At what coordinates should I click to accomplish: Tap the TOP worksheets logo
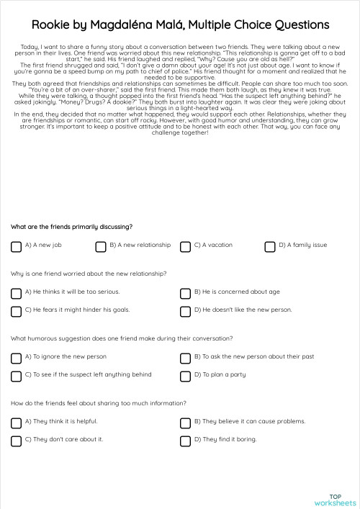[x=335, y=500]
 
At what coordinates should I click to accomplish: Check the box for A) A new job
[x=16, y=246]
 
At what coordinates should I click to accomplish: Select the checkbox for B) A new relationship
[x=101, y=246]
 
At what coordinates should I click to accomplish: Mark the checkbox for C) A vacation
[x=185, y=246]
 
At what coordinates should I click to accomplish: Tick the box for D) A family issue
[x=269, y=246]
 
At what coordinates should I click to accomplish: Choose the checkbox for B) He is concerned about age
[x=185, y=293]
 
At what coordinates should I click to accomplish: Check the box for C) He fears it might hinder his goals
[x=16, y=311]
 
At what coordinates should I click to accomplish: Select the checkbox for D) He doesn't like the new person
[x=185, y=311]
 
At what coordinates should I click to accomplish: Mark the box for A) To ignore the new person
[x=16, y=358]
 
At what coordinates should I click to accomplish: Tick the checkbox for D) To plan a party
[x=185, y=376]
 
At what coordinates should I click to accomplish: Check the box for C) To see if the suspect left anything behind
[x=16, y=376]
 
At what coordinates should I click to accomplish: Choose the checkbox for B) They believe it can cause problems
[x=185, y=423]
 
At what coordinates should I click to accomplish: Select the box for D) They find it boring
[x=185, y=441]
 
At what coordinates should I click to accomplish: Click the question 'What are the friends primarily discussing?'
[x=71, y=227]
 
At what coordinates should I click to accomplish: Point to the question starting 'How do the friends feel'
[x=98, y=403]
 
